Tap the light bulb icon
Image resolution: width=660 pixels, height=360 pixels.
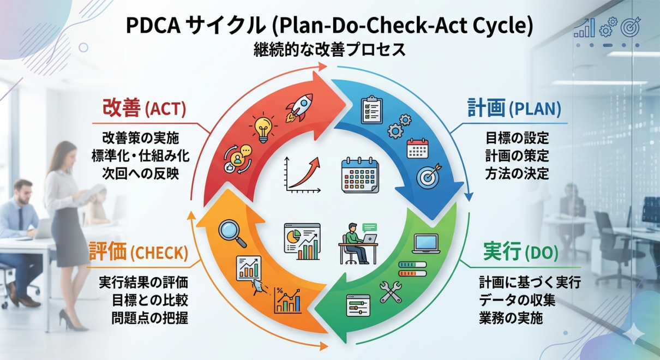pyautogui.click(x=262, y=127)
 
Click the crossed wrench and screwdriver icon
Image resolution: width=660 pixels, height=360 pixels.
pyautogui.click(x=391, y=292)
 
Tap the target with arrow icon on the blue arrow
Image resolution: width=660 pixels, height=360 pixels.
pyautogui.click(x=428, y=176)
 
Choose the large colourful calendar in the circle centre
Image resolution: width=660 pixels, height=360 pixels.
pyautogui.click(x=360, y=175)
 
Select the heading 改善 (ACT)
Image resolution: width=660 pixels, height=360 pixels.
pyautogui.click(x=144, y=108)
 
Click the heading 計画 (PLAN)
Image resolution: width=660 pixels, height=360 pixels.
pyautogui.click(x=514, y=108)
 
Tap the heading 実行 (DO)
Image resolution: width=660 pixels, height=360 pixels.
pyautogui.click(x=520, y=253)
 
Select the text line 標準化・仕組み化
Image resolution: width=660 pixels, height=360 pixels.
pyautogui.click(x=141, y=155)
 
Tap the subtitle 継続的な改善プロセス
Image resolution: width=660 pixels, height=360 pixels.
pyautogui.click(x=329, y=50)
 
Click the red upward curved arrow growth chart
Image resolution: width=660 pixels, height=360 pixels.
pyautogui.click(x=302, y=175)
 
